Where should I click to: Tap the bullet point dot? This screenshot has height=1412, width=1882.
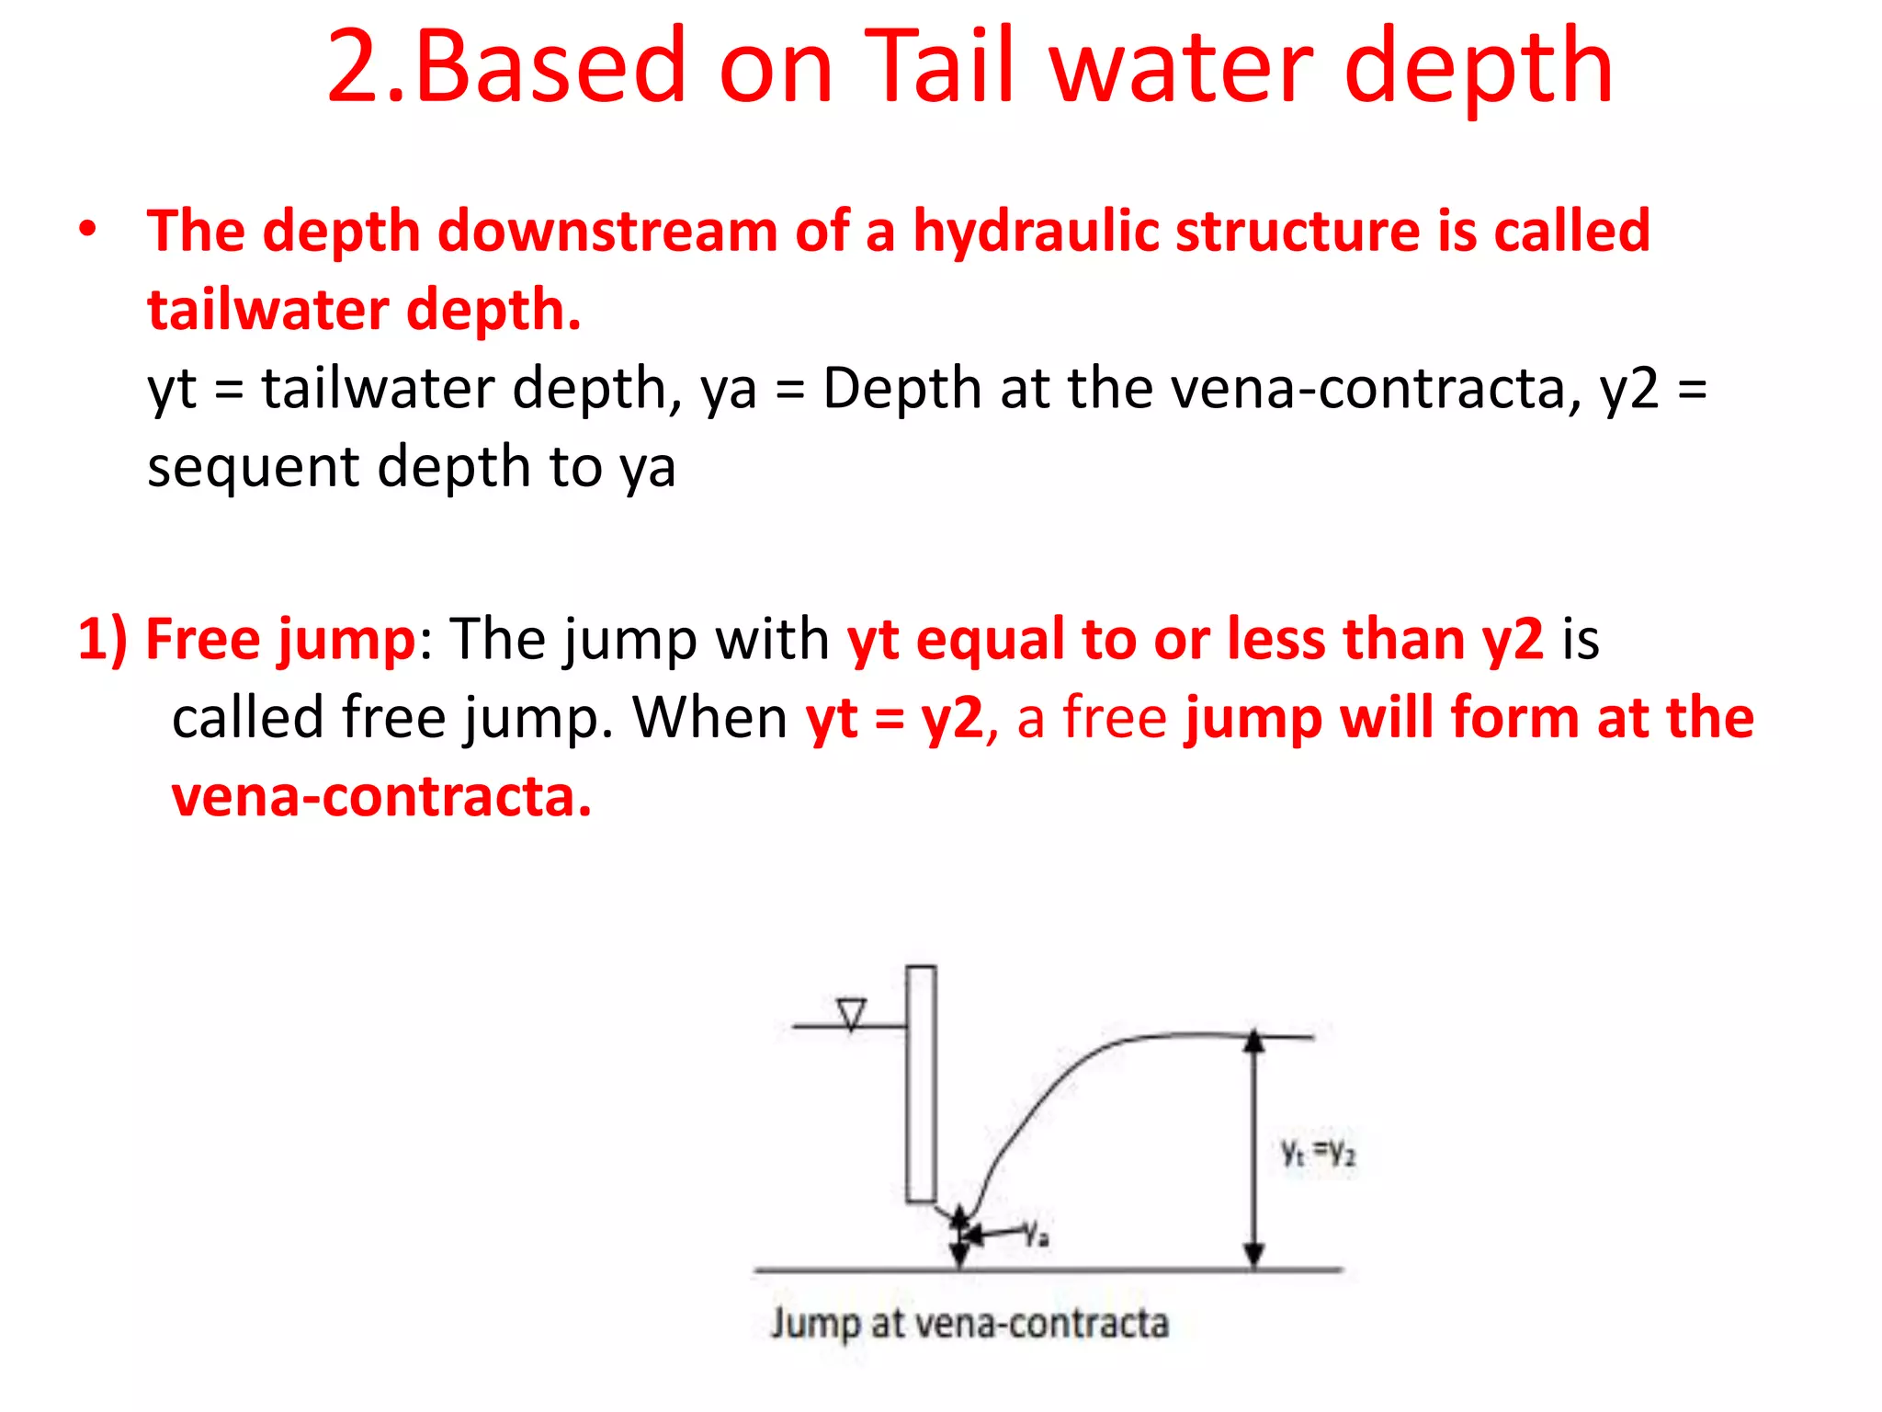click(x=87, y=230)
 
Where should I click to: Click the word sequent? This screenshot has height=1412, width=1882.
click(x=252, y=468)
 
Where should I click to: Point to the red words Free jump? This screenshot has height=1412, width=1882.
click(x=281, y=640)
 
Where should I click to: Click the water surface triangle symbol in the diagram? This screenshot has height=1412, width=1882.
click(x=852, y=1014)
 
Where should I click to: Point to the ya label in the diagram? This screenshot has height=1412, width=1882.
click(x=1037, y=1233)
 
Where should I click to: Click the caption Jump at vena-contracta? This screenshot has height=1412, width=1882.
click(x=969, y=1324)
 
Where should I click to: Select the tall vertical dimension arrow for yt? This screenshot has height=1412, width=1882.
click(x=1254, y=1149)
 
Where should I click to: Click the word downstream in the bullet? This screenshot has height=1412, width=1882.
click(x=607, y=232)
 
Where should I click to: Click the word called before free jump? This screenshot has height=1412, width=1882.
click(x=247, y=718)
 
